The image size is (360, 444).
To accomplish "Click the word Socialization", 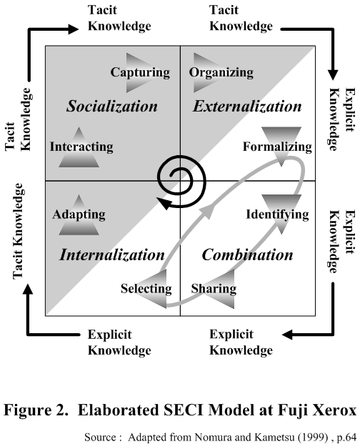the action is (112, 107).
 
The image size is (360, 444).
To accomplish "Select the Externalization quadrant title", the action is (247, 107).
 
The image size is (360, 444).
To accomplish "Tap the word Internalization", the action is (112, 255).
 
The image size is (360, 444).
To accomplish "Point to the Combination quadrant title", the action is (247, 255).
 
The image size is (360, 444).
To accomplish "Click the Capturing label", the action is (140, 72).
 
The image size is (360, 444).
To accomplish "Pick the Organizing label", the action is (221, 72).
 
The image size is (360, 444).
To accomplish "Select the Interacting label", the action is (81, 147).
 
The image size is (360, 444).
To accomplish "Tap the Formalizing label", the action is (277, 147).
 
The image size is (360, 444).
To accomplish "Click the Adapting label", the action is (79, 214).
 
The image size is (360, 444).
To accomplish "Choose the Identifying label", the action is (277, 214).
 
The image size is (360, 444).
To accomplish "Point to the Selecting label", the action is (146, 289).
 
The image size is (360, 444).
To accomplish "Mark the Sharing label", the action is (214, 289).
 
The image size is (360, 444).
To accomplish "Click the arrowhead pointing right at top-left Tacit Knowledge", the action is (74, 29).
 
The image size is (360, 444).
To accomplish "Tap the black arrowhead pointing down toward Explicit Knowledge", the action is (333, 75).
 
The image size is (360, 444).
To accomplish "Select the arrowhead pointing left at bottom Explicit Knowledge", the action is (287, 335).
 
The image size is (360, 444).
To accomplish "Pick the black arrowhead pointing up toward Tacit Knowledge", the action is (28, 289).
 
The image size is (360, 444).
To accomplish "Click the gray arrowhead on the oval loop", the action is (208, 210).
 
